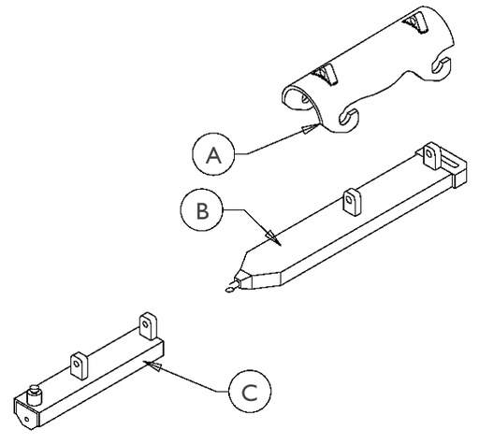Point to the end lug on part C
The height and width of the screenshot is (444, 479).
point(148,324)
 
